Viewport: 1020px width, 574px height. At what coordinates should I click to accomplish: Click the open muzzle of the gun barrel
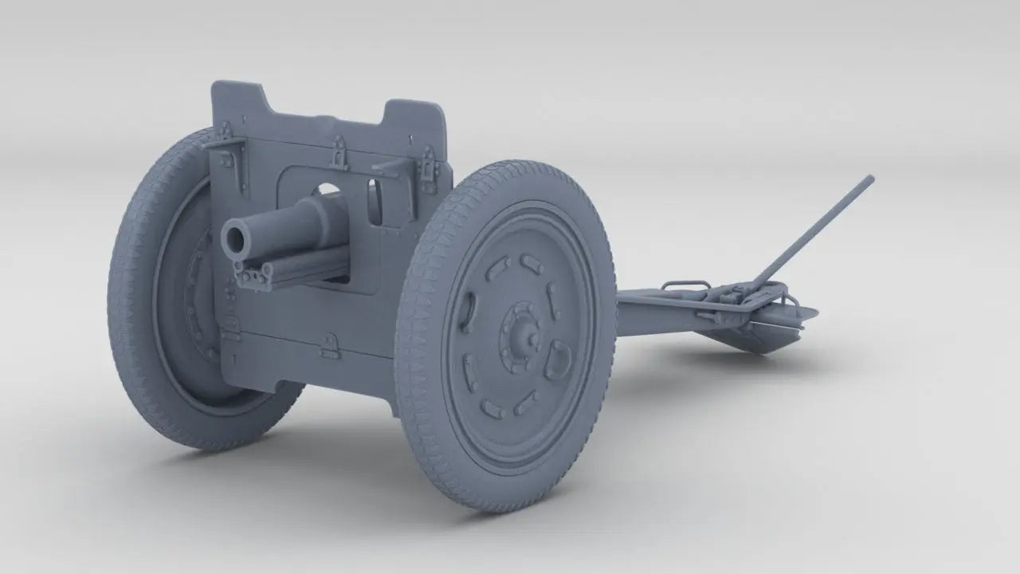(x=236, y=237)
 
